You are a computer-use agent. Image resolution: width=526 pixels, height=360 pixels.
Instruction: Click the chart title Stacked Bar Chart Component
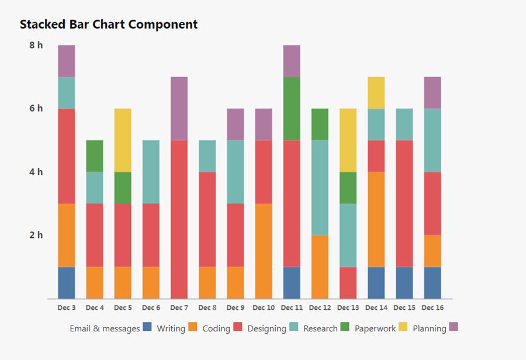point(109,25)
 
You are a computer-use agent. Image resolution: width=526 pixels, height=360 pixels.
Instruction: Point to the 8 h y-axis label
point(36,45)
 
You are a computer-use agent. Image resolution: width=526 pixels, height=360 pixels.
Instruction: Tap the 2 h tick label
point(36,235)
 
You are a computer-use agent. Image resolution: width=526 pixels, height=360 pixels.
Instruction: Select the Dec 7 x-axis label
point(179,307)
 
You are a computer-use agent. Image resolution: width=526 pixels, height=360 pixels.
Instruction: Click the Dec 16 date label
point(432,307)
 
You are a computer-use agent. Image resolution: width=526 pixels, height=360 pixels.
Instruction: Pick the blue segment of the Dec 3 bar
point(67,283)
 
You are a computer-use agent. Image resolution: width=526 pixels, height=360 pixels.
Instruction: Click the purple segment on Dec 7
point(179,108)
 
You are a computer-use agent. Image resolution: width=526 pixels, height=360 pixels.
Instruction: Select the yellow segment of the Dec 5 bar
point(123,140)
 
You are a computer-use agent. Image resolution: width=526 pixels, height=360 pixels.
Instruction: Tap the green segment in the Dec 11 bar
point(292,108)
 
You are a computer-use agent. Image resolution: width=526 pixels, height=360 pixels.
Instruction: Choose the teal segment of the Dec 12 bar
point(320,187)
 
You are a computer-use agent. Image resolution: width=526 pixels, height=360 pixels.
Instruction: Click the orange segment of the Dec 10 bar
point(264,251)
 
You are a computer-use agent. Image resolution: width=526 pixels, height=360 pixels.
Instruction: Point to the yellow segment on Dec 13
point(348,140)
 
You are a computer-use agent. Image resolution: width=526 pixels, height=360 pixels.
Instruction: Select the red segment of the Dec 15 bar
point(404,203)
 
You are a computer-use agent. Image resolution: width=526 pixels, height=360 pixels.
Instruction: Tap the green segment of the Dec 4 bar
point(95,155)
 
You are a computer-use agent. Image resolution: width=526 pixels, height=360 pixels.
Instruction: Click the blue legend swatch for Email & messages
point(147,327)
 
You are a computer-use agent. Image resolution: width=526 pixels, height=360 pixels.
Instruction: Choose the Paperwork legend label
point(375,328)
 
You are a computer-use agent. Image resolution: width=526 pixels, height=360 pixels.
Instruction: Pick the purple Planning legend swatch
point(454,327)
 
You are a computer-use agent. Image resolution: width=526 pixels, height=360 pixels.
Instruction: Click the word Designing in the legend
point(267,328)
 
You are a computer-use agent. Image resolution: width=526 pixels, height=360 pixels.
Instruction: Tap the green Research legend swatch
point(345,327)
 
